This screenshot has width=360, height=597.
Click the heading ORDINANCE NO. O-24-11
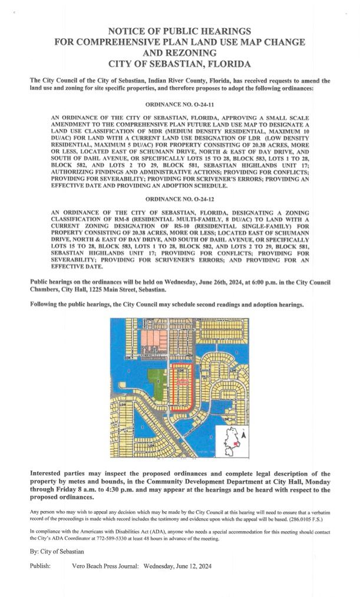click(x=180, y=102)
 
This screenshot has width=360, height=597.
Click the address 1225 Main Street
click(x=110, y=290)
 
